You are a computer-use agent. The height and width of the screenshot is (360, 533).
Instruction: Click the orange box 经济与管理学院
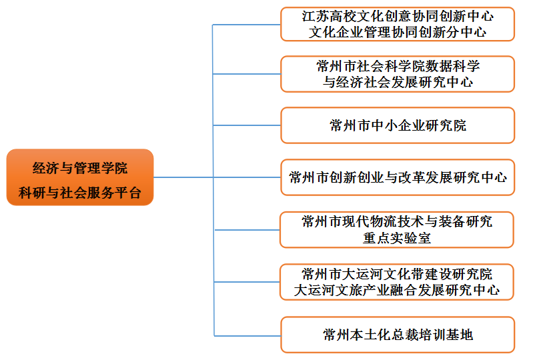tap(80, 177)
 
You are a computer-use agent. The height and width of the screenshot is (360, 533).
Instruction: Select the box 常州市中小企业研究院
tap(398, 125)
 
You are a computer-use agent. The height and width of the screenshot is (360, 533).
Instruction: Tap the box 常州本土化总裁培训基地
tap(398, 335)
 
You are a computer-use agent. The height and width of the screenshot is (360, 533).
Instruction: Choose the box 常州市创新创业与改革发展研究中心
tap(398, 177)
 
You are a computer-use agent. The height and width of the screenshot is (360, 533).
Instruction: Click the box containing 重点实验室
tap(398, 229)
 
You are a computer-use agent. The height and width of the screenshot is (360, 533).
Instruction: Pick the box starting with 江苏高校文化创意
tap(398, 23)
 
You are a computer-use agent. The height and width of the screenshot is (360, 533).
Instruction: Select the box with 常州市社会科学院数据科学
tap(398, 74)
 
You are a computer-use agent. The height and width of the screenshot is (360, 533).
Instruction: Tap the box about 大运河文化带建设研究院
tap(398, 281)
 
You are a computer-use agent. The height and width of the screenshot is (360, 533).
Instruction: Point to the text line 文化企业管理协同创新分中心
tap(398, 32)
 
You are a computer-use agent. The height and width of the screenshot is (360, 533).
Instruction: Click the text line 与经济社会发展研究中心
tap(398, 83)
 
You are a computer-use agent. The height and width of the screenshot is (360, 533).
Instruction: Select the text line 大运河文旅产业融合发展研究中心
tap(398, 291)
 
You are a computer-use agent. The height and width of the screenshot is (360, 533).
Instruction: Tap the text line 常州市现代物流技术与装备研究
tap(398, 221)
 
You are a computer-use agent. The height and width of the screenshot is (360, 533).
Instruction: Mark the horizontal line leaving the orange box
tap(183, 177)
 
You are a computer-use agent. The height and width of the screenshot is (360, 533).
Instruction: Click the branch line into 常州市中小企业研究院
tap(247, 125)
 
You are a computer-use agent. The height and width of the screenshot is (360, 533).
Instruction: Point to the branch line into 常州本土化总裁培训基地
tap(247, 335)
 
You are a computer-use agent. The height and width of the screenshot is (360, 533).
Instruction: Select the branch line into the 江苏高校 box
tap(247, 24)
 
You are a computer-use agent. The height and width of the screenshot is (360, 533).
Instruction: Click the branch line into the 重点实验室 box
tap(247, 229)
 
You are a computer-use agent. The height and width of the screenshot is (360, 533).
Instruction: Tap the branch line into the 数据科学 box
tap(247, 74)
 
